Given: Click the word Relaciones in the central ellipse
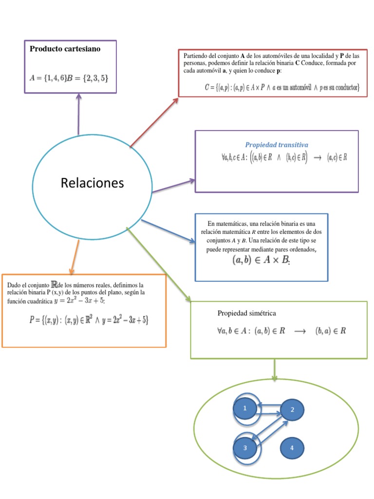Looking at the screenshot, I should [x=93, y=183].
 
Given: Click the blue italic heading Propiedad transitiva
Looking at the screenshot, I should [x=276, y=145].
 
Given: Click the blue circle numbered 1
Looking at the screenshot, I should [x=245, y=409].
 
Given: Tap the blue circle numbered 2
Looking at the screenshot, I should [x=292, y=410].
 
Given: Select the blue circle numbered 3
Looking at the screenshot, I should [x=245, y=448].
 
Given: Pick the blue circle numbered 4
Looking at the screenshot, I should [x=292, y=448].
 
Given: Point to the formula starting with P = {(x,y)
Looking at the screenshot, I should [x=89, y=320].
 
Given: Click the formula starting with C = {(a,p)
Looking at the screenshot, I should [x=282, y=88].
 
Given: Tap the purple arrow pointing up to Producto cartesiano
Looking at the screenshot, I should [x=78, y=114].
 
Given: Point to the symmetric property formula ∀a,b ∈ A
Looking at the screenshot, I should [x=281, y=330].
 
